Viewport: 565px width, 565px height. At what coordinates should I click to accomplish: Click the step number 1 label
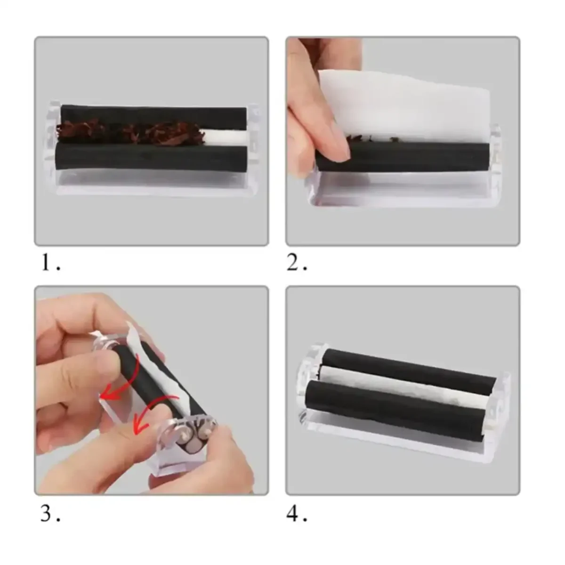tap(51, 263)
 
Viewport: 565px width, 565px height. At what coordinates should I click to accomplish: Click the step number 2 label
tap(297, 263)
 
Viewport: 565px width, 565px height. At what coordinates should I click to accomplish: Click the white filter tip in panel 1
tap(225, 137)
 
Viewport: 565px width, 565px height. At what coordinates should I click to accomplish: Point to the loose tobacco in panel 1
tap(130, 132)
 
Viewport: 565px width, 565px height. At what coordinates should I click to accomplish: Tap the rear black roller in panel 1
tap(154, 117)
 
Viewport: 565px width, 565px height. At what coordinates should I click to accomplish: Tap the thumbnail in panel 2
tap(340, 150)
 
